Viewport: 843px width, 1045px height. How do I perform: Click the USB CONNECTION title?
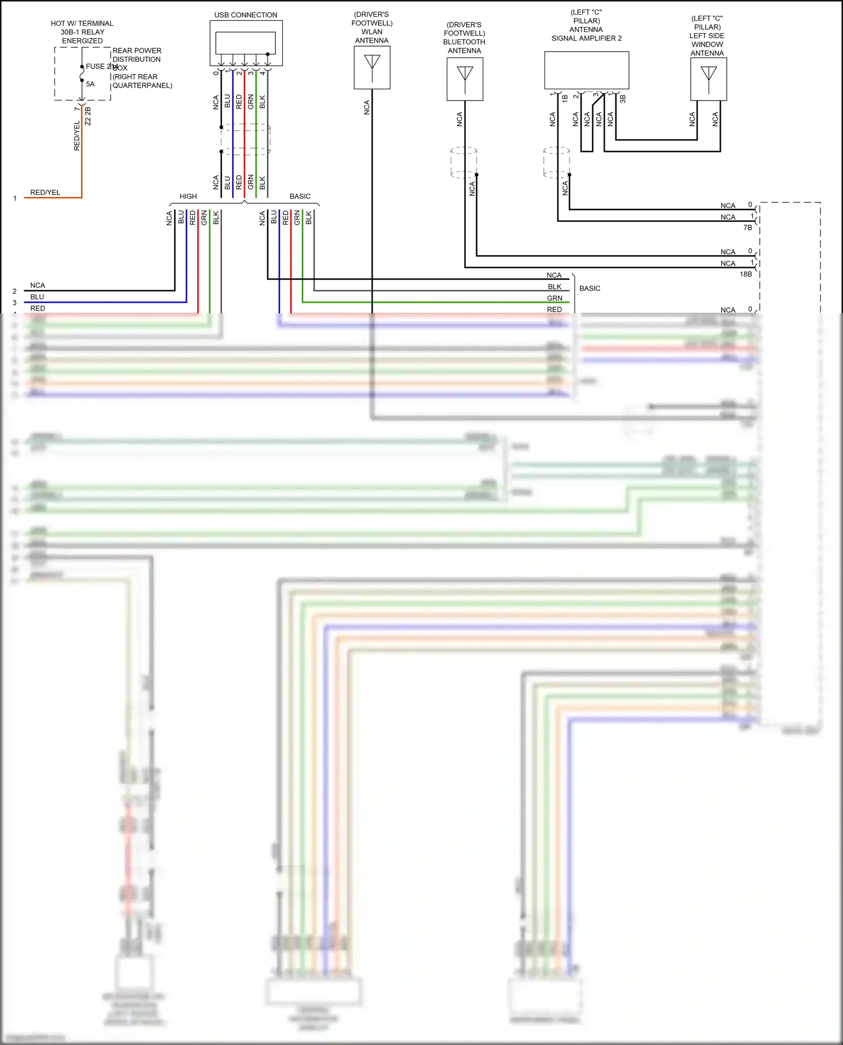pos(246,15)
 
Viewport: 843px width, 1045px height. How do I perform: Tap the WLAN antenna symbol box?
pos(371,67)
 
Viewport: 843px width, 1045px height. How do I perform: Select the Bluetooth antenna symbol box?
pos(464,79)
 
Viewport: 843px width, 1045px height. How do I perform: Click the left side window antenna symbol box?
pos(708,79)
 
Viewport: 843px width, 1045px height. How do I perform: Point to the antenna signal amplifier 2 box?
pos(586,70)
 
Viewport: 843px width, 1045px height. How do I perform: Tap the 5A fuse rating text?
pos(90,84)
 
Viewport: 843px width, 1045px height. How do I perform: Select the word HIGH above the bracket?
pos(188,197)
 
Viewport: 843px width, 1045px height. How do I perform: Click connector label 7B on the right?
pos(747,227)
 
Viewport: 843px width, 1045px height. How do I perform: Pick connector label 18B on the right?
pos(745,274)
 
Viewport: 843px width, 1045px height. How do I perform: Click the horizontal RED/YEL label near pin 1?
pos(45,193)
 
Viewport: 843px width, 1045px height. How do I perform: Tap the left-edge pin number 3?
pos(15,303)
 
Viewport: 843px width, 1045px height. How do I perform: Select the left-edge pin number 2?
pos(15,291)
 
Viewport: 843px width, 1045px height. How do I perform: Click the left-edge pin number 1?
pos(15,198)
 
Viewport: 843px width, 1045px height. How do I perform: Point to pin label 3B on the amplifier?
pos(623,99)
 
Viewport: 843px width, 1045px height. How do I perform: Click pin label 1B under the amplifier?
pos(565,98)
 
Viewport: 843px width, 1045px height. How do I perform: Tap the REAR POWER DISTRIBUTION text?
pos(137,55)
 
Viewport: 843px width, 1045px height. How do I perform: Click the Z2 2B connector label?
pos(88,116)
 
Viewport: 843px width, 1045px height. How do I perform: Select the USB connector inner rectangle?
pos(245,43)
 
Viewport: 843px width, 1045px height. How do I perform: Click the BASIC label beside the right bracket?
pos(590,289)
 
